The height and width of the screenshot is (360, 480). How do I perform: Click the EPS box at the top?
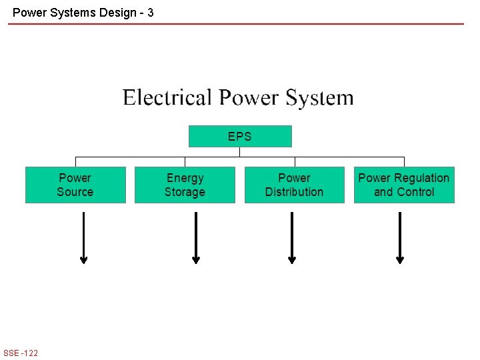(240, 136)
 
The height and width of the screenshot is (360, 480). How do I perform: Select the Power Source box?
(75, 185)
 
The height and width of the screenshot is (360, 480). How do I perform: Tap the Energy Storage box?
(185, 185)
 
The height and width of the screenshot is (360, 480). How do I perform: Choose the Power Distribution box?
(294, 185)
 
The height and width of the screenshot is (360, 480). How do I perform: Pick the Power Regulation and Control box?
(404, 185)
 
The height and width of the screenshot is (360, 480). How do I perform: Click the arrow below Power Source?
(83, 238)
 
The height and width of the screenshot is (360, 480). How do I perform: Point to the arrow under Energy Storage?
(196, 238)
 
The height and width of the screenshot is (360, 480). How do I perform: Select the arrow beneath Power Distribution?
(292, 238)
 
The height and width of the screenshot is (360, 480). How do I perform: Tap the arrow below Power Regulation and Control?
(400, 238)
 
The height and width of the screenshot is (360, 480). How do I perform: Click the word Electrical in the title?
(167, 98)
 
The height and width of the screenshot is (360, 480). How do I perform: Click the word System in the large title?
(319, 98)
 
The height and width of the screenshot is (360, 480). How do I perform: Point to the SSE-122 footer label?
(21, 353)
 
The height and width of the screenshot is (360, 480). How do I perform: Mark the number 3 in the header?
(150, 12)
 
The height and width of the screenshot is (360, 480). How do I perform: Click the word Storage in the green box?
(185, 192)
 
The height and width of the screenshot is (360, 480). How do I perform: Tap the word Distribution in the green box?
(294, 192)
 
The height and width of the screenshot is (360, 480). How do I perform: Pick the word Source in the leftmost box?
(75, 192)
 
